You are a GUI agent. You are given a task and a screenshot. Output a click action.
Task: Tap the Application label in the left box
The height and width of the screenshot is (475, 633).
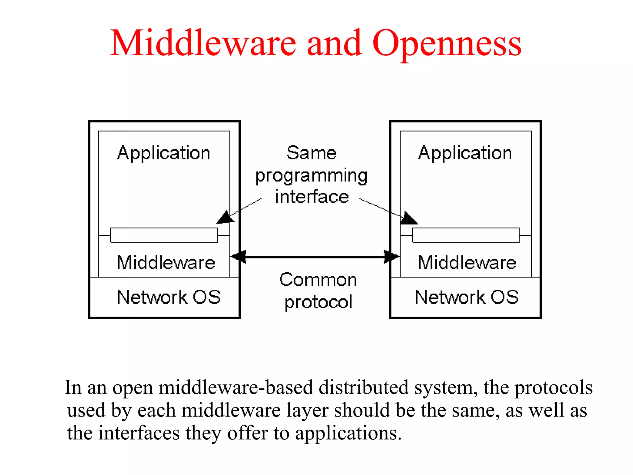[x=164, y=153]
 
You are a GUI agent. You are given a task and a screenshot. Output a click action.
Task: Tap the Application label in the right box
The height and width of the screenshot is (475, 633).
[x=465, y=153]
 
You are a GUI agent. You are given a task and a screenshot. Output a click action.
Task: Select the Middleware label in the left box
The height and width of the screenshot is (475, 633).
[x=166, y=263]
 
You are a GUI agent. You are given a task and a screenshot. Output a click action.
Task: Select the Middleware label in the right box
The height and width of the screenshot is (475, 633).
[x=467, y=263]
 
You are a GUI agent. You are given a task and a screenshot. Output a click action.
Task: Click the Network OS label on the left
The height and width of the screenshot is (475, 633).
[x=169, y=297]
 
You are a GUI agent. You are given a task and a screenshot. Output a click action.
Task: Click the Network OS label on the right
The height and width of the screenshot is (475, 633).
[x=467, y=297]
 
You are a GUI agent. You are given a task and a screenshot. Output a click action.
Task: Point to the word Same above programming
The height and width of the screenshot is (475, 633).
[x=311, y=153]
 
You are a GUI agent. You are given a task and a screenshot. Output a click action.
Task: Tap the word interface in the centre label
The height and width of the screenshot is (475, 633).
[x=312, y=197]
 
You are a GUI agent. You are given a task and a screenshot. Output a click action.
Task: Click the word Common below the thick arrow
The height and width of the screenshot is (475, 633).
[x=318, y=280]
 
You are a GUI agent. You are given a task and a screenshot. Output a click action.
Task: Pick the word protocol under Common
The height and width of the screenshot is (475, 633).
[x=318, y=302]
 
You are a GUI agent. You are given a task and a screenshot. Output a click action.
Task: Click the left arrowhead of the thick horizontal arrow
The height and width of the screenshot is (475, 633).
[x=239, y=257]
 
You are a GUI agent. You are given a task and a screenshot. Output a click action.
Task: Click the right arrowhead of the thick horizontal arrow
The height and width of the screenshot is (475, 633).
[x=392, y=257]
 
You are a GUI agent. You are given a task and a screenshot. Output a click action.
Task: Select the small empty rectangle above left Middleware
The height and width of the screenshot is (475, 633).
[x=164, y=235]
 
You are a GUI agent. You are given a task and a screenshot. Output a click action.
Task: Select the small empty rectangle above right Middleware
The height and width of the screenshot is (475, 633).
[x=466, y=235]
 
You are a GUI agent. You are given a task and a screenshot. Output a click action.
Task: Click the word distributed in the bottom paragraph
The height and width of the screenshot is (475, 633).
[x=363, y=387]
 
